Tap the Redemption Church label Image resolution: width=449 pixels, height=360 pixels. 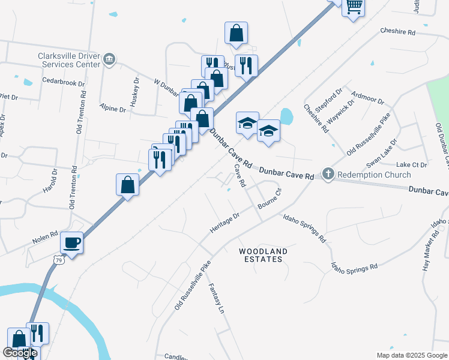(373, 175)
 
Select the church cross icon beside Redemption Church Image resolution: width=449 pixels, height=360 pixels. (328, 174)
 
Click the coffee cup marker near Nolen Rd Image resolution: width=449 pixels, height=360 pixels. (72, 243)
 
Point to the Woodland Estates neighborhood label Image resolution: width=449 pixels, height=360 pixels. (263, 255)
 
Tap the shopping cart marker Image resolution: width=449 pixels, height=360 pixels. (354, 7)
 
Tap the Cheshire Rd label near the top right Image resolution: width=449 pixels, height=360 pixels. (398, 32)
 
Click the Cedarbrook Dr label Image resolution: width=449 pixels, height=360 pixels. (63, 80)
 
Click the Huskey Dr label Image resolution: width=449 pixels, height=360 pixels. (136, 89)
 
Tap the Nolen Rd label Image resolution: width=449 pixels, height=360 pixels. (45, 238)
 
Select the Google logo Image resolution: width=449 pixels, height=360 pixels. (20, 353)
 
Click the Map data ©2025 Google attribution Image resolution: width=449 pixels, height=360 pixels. (412, 355)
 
